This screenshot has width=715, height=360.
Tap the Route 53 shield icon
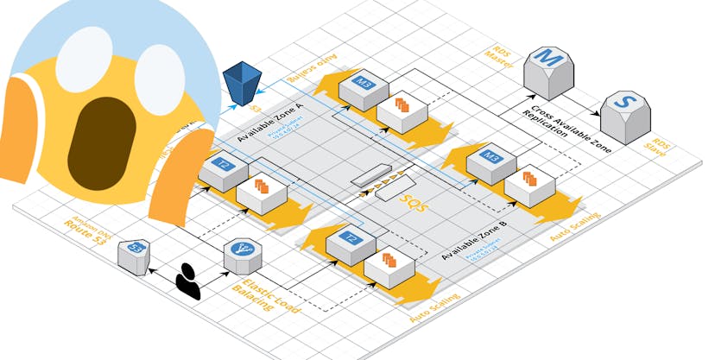(x=136, y=253)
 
